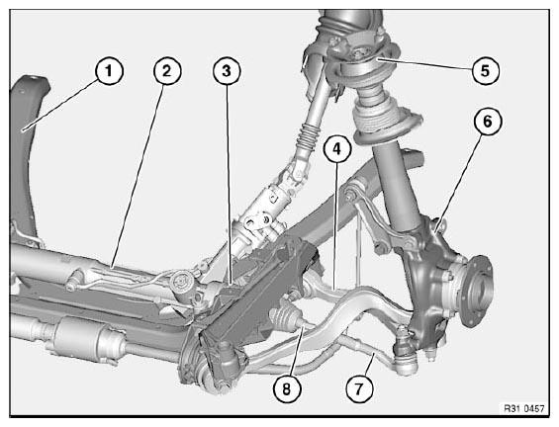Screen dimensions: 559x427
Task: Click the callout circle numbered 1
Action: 109,71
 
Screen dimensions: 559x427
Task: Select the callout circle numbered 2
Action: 167,71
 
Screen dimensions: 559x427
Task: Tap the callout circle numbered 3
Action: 227,71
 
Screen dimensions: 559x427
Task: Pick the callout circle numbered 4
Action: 337,149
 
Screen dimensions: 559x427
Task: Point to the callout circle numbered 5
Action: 485,70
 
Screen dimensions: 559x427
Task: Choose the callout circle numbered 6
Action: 488,122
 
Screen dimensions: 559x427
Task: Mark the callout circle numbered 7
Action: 359,388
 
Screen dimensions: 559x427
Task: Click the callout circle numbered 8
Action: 287,389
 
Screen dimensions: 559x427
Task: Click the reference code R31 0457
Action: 524,408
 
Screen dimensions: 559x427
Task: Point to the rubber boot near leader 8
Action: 285,317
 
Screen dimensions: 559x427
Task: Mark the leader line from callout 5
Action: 424,64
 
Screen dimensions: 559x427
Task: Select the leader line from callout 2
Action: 138,176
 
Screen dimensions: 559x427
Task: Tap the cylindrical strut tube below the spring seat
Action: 396,185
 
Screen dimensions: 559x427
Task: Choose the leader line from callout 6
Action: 459,184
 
